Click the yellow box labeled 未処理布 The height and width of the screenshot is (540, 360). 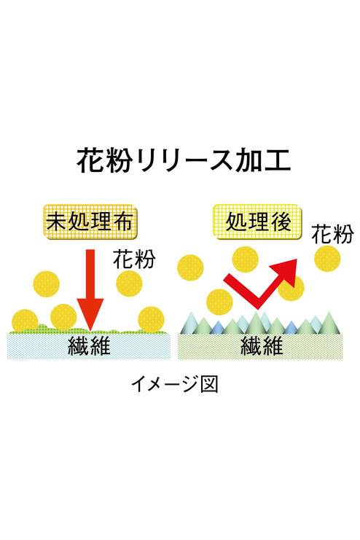[x=90, y=222]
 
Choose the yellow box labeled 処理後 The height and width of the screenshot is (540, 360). [x=258, y=222]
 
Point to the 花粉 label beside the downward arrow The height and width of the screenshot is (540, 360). [x=134, y=259]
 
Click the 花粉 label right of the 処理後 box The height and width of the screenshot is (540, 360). [x=332, y=234]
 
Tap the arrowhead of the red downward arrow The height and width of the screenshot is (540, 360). [x=90, y=314]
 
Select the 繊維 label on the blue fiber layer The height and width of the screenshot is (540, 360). [x=90, y=345]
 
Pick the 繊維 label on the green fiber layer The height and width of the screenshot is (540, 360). [x=261, y=345]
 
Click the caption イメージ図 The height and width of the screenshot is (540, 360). [x=175, y=384]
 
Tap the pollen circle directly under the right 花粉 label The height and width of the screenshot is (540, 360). [x=327, y=257]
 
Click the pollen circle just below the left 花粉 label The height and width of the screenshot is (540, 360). [x=129, y=283]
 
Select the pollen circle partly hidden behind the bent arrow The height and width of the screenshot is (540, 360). [x=291, y=288]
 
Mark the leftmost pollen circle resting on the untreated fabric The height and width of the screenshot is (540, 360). [x=25, y=321]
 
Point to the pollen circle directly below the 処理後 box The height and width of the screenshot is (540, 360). [x=246, y=259]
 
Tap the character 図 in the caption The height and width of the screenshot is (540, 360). [x=209, y=384]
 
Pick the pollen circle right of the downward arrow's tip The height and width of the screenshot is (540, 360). [x=151, y=319]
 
